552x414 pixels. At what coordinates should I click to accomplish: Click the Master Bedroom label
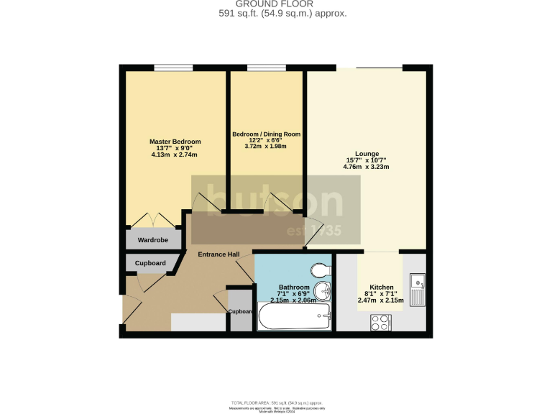[175, 142]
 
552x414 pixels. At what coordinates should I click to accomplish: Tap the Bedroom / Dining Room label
[266, 134]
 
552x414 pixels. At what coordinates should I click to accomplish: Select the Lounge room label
[366, 154]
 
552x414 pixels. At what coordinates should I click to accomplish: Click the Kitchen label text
[380, 287]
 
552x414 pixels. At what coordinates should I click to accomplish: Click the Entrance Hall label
[218, 254]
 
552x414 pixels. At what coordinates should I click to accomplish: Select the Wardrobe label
[152, 239]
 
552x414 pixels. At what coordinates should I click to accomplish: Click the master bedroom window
[173, 68]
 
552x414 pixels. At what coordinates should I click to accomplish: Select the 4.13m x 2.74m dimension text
[174, 155]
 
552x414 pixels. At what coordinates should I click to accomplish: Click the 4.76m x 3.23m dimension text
[366, 167]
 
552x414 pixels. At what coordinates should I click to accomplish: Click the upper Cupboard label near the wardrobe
[150, 263]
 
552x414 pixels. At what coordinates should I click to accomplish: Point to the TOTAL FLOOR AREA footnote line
[277, 402]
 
